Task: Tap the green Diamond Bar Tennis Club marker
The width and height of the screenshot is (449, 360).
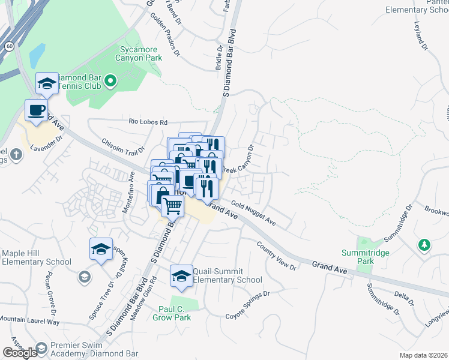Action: tap(110, 80)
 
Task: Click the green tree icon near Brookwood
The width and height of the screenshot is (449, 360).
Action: tap(424, 245)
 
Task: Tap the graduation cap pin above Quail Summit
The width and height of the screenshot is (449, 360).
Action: tap(181, 275)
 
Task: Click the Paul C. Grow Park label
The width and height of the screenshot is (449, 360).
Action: tap(175, 313)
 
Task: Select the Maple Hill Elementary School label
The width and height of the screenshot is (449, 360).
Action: tap(36, 258)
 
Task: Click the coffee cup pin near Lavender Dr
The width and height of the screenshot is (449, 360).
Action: tap(36, 111)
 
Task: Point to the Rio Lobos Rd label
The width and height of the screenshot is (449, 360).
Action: tap(149, 122)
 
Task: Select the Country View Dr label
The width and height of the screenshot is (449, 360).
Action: tap(277, 256)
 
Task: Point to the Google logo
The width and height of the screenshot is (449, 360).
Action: tap(20, 353)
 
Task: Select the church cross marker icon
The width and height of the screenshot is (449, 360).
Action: tap(16, 156)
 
